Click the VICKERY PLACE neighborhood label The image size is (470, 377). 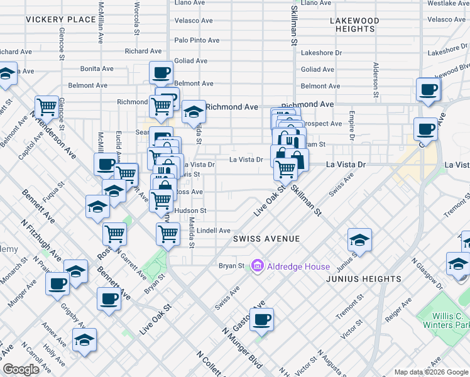coord(60,20)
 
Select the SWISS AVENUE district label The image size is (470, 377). coord(266,239)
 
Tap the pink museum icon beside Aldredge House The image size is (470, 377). coord(257,266)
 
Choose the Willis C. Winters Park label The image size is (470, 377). coord(452,321)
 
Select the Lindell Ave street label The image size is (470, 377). coord(214,231)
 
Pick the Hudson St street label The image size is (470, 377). coord(190,210)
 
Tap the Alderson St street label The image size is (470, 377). coord(375,79)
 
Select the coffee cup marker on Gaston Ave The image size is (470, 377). coord(261,319)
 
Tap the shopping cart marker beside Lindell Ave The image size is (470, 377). coord(168,234)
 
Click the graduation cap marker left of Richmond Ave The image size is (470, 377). coord(194,112)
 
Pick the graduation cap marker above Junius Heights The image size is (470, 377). coord(359,239)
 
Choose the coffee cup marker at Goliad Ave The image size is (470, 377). coord(161,72)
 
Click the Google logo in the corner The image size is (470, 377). coord(21,369)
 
